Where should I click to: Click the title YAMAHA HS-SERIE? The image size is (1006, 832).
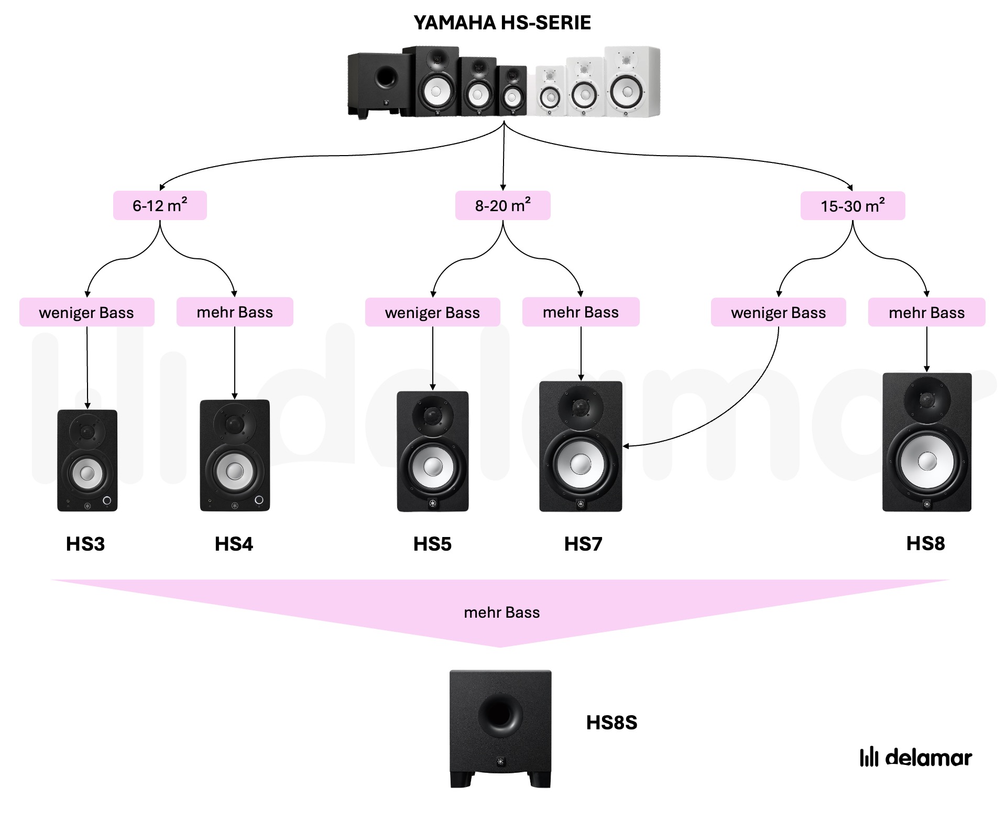[502, 23]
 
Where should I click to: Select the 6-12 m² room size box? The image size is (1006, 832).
[160, 205]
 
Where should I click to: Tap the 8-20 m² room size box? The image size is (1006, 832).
[502, 205]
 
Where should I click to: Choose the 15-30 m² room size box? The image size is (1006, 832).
[852, 206]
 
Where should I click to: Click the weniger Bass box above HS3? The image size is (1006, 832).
[86, 313]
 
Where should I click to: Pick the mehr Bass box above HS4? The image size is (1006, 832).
[235, 312]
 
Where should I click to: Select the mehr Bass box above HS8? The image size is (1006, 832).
[926, 313]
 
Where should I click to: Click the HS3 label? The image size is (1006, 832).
[85, 544]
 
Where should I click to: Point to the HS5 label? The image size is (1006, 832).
[432, 544]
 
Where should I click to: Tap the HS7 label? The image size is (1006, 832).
[583, 544]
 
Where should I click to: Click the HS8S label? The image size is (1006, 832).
[611, 722]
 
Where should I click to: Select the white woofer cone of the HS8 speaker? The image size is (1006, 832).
[927, 462]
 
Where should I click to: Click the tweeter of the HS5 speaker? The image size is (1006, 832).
[432, 417]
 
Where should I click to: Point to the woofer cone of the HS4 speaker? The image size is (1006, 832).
[234, 470]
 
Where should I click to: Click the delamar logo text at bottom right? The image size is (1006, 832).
[928, 758]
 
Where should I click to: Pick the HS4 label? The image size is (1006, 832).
[234, 544]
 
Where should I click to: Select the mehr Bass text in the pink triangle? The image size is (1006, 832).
[501, 612]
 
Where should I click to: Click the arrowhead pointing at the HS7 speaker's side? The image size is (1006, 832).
[626, 446]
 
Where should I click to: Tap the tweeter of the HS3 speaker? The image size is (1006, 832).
[87, 432]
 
